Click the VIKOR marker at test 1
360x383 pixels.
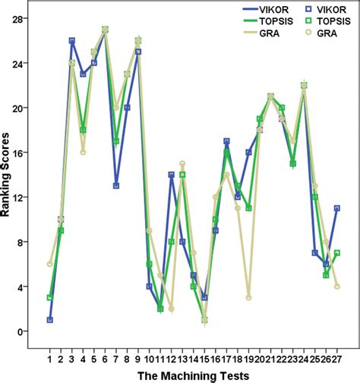49,320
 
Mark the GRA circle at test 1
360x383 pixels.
49,264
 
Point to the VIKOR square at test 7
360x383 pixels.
115,185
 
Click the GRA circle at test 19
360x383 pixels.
248,298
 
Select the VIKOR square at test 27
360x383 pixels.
336,208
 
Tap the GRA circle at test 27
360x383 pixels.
336,286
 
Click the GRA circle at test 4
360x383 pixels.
83,152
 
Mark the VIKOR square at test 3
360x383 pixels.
71,40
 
